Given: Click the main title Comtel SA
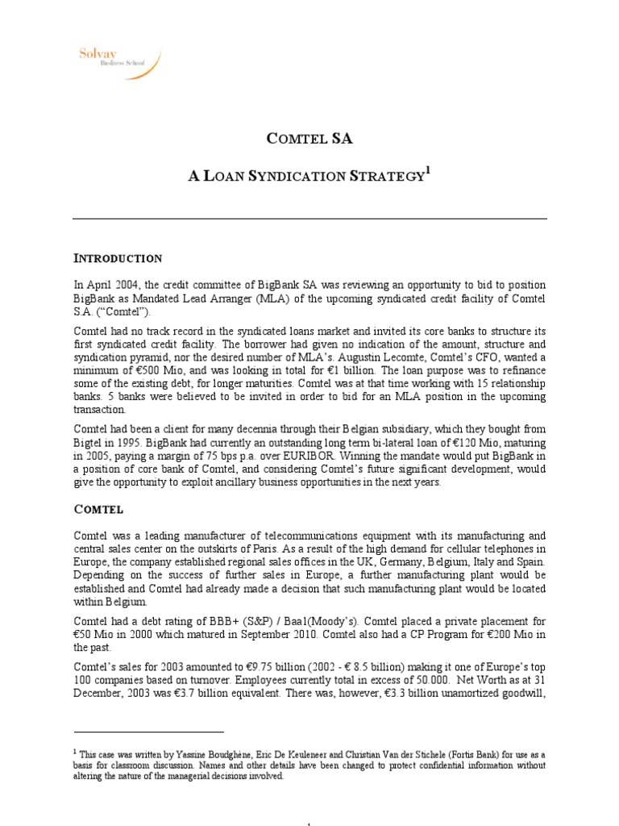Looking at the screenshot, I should coord(309,139).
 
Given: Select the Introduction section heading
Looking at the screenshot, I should coord(118,259).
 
